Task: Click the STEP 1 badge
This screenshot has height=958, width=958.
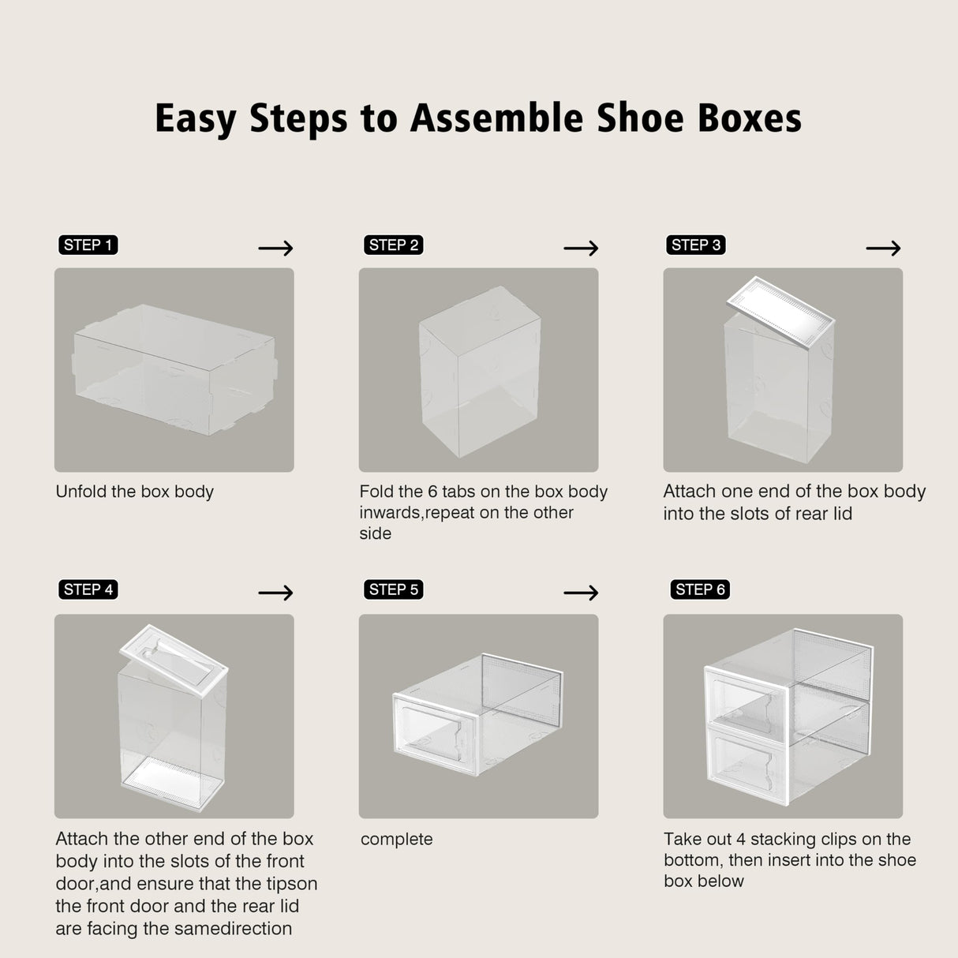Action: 88,245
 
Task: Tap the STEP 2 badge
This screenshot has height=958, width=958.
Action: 393,245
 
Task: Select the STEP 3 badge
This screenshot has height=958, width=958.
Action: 696,245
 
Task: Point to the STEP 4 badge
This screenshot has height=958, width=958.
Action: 88,589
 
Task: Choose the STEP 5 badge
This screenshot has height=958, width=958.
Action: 393,589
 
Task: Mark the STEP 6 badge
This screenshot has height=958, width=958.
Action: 700,589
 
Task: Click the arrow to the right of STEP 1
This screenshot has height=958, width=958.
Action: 275,249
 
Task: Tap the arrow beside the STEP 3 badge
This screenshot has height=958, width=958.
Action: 883,249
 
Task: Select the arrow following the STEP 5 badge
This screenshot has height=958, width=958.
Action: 581,593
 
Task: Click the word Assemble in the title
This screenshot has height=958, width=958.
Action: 496,118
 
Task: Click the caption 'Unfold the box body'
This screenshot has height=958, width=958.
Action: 135,492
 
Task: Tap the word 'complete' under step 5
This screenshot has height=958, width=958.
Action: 396,840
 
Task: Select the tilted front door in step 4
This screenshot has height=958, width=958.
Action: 174,655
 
